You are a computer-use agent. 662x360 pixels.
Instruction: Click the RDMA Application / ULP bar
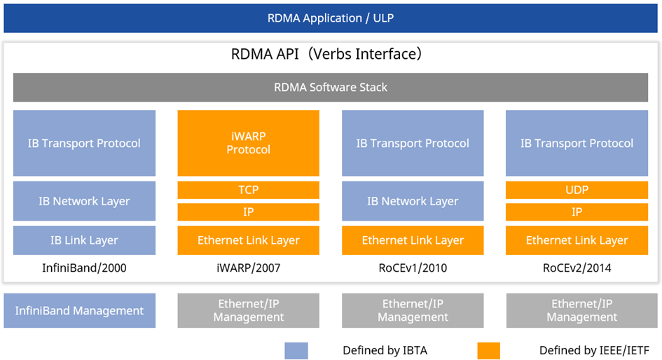pos(331,18)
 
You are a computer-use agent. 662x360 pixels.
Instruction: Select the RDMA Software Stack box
pos(331,88)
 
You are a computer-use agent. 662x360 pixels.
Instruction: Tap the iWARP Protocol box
pos(249,143)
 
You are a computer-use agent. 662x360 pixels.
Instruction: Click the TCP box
pos(249,190)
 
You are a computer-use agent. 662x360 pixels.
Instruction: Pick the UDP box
pos(577,190)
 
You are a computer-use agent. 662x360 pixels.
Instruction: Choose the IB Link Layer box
pos(84,240)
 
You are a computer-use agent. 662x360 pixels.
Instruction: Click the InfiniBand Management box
pos(79,310)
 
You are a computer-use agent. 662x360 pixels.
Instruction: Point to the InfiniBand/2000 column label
pos(84,268)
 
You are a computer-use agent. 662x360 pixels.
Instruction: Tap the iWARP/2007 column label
pos(249,268)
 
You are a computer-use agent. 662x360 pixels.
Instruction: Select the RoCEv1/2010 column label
pos(413,268)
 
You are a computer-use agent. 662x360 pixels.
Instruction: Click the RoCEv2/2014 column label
pos(577,268)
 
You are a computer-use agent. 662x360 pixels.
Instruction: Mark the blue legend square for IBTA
pos(296,350)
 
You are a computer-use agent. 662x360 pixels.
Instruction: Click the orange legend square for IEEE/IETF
pos(488,350)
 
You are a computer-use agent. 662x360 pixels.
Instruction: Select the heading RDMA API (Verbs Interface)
pos(326,54)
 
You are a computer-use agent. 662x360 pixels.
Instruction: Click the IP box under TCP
pos(249,212)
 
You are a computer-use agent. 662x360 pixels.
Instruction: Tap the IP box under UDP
pos(577,212)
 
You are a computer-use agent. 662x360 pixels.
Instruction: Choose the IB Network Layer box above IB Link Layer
pos(84,201)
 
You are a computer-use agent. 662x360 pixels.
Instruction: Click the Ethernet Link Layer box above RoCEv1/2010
pos(413,240)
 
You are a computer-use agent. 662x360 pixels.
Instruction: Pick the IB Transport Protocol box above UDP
pos(577,143)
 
